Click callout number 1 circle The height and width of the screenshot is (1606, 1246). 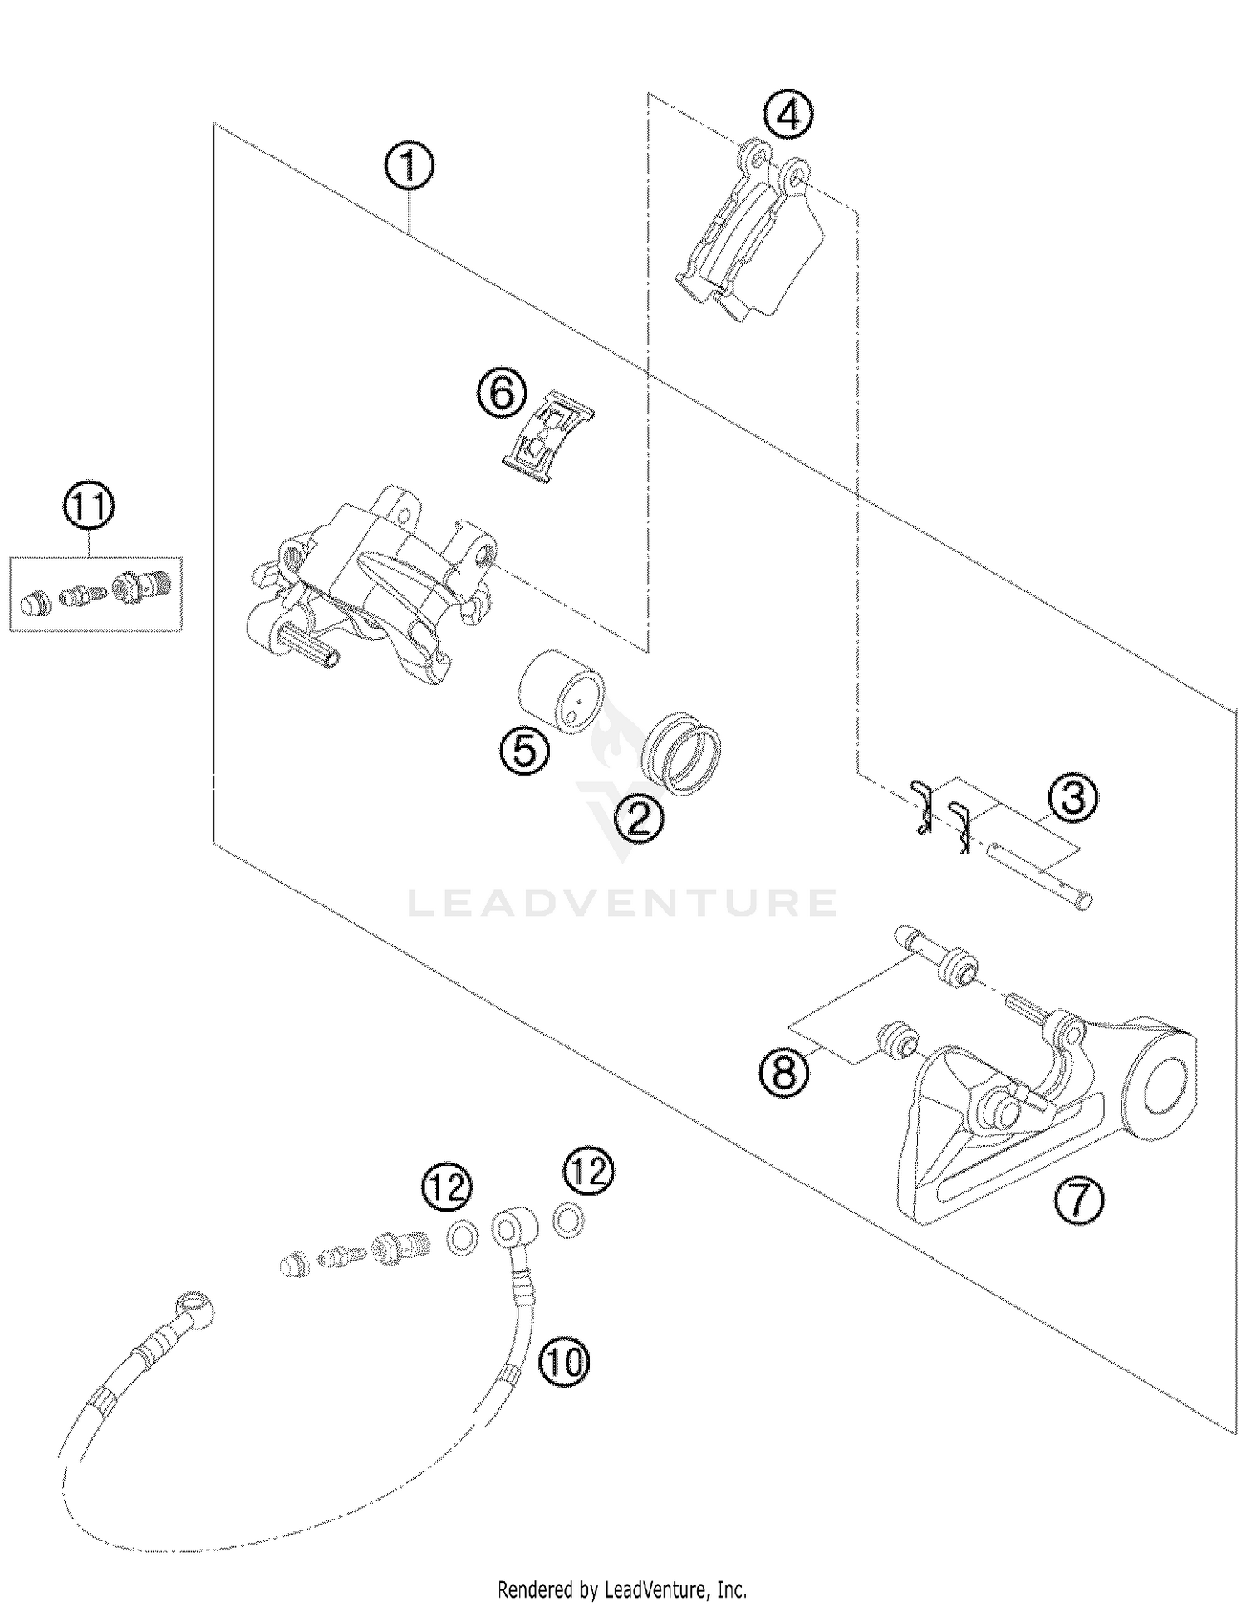pyautogui.click(x=409, y=168)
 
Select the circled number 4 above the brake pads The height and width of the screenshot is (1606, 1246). pyautogui.click(x=788, y=115)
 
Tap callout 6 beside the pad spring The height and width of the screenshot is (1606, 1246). pyautogui.click(x=502, y=393)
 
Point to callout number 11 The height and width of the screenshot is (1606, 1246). pyautogui.click(x=90, y=507)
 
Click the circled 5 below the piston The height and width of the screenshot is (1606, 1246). pyautogui.click(x=524, y=752)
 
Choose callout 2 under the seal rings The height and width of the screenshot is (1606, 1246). pyautogui.click(x=639, y=820)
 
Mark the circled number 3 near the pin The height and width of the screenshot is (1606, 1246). pyautogui.click(x=1072, y=799)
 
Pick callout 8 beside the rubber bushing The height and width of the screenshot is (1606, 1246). pyautogui.click(x=784, y=1073)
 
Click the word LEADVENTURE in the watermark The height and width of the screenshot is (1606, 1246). pyautogui.click(x=622, y=903)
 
